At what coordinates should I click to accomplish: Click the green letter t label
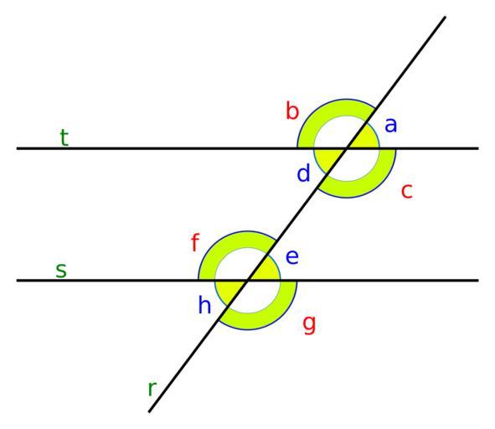pyautogui.click(x=64, y=137)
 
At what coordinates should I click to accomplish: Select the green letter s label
pyautogui.click(x=61, y=271)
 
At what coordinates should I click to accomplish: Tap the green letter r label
pyautogui.click(x=152, y=389)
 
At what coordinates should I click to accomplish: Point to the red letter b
pyautogui.click(x=292, y=111)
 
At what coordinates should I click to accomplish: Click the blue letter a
pyautogui.click(x=390, y=125)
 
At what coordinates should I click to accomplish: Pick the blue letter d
pyautogui.click(x=304, y=173)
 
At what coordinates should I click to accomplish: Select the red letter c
pyautogui.click(x=407, y=191)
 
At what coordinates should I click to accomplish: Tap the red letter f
pyautogui.click(x=195, y=242)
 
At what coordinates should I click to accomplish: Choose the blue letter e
pyautogui.click(x=292, y=257)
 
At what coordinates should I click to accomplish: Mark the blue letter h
pyautogui.click(x=204, y=305)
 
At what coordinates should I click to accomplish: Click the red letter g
pyautogui.click(x=309, y=325)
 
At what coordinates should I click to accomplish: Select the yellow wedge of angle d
pyautogui.click(x=328, y=158)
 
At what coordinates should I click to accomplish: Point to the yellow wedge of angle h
pyautogui.click(x=229, y=290)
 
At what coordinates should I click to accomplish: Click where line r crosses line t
pyautogui.click(x=347, y=148)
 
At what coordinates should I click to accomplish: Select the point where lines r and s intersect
pyautogui.click(x=248, y=280)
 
